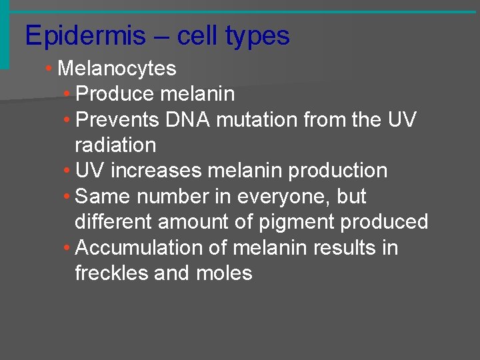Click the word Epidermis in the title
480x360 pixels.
pos(85,36)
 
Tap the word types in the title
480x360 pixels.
pos(257,36)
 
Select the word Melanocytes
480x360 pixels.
pos(117,69)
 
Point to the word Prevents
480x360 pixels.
pos(118,120)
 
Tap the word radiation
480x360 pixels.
pos(115,145)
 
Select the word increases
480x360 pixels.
pos(156,171)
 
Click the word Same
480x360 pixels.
pos(99,197)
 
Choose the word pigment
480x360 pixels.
pos(307,222)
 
